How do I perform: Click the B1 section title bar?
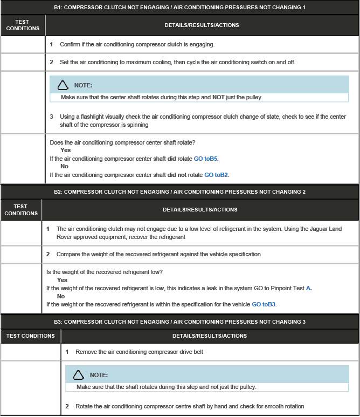179,8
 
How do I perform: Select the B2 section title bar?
179,192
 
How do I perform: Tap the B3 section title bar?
179,322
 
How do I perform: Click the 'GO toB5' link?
206,159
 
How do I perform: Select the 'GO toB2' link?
216,175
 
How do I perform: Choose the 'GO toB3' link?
264,304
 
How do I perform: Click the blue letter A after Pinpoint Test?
309,288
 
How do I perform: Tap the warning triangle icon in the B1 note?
63,85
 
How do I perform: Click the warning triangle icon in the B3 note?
79,375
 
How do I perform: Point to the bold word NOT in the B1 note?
218,98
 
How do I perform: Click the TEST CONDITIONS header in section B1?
23,25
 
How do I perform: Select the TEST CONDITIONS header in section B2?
21,209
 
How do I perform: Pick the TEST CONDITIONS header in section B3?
30,336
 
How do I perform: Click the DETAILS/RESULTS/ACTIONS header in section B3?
210,336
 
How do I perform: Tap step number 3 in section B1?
51,117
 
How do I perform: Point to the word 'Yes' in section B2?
62,280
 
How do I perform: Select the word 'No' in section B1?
64,167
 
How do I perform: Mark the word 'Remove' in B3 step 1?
86,352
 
